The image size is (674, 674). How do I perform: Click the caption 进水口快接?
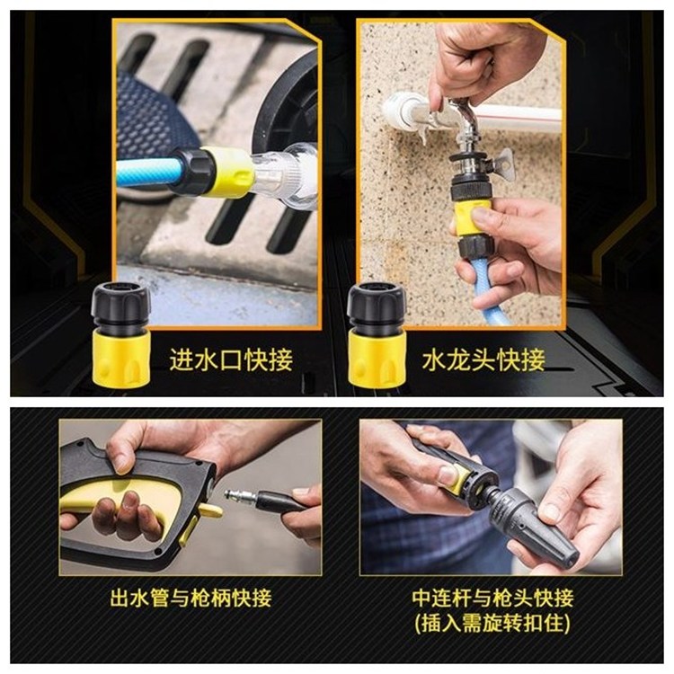[231, 360]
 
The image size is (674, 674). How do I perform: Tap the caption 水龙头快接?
[483, 360]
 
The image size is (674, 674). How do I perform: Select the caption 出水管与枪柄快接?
[191, 598]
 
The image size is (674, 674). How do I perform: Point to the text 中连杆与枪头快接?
[493, 598]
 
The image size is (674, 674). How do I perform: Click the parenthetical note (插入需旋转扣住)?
[493, 624]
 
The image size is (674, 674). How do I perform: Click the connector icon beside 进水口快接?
[120, 336]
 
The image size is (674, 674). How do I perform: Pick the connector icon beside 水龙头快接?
[377, 336]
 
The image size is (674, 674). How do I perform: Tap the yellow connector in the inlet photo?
[227, 172]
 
